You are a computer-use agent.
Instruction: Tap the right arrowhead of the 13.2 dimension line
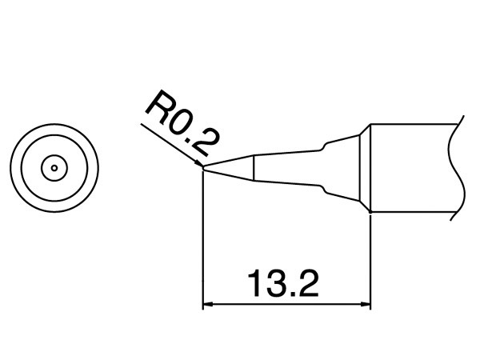366,305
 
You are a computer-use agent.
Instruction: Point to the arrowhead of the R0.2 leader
199,165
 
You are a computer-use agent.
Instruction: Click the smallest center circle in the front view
54,167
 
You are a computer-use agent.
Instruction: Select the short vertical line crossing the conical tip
254,167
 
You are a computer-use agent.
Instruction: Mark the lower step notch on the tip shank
323,190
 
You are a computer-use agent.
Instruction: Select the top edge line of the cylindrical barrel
412,123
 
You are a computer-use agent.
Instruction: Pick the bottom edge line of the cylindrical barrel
412,212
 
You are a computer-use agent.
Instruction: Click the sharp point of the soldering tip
203,168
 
